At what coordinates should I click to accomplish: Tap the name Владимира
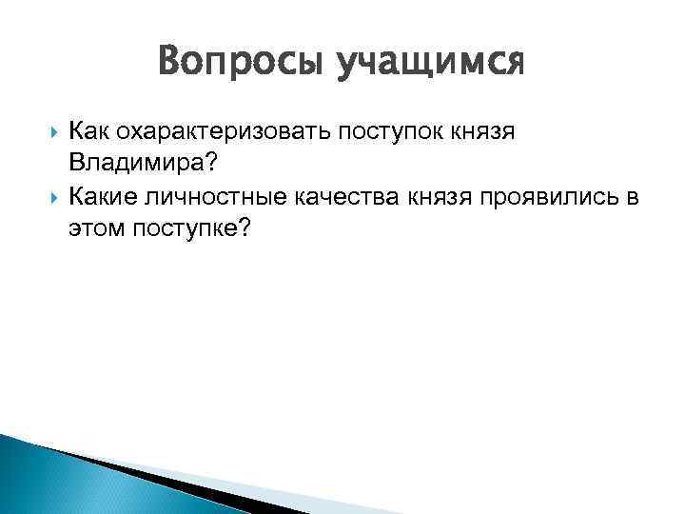pyautogui.click(x=135, y=165)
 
